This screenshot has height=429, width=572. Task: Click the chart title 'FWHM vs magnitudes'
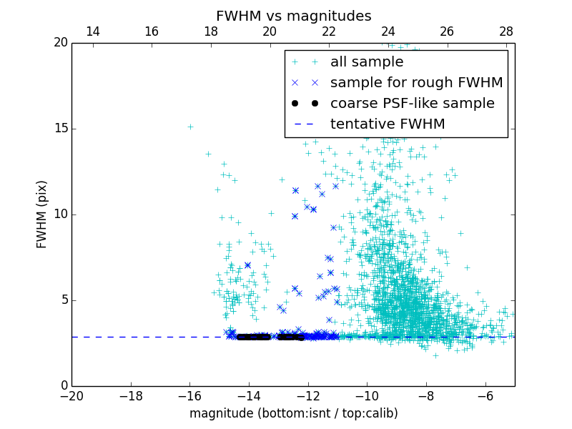(x=293, y=16)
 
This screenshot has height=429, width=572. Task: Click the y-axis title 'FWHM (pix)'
(x=42, y=214)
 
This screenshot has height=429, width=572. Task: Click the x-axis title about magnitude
(x=293, y=413)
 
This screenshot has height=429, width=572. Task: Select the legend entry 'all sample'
(x=367, y=62)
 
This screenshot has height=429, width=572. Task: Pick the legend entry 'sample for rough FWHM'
(x=416, y=83)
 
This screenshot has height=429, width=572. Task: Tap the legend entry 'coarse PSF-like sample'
(x=412, y=104)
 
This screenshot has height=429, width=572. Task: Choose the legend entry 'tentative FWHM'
(x=387, y=124)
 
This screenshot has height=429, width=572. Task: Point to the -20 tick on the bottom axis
(x=71, y=395)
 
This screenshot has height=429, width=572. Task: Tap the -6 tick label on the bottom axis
(x=485, y=395)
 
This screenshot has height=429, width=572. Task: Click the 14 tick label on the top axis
(x=92, y=31)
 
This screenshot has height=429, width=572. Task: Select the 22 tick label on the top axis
(x=329, y=31)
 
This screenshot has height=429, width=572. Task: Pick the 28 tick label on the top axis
(x=506, y=31)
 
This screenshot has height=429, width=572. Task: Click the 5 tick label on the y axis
(x=63, y=300)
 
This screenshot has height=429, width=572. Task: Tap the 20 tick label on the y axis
(x=60, y=43)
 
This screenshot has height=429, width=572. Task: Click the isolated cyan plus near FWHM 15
(x=190, y=127)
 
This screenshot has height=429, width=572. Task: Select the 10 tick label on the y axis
(x=60, y=214)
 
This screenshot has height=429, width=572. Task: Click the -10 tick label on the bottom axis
(x=366, y=395)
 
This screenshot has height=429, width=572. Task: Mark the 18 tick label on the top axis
(x=211, y=31)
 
